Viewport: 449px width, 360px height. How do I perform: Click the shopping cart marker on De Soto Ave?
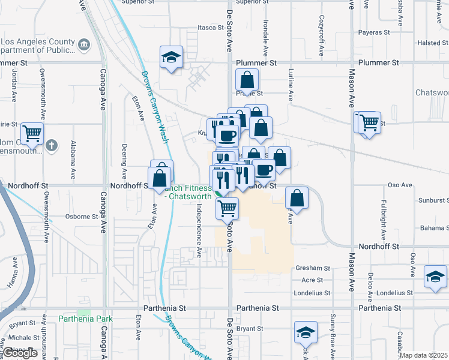[227, 209]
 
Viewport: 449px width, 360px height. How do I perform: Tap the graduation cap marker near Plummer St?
[171, 58]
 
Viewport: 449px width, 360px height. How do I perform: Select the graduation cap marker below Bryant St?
[306, 332]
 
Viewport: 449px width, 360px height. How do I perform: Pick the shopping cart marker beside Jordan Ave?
[32, 133]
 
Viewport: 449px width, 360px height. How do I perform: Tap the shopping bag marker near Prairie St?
[247, 79]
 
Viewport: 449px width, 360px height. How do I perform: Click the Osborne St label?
[82, 217]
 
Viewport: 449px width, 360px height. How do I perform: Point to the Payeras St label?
[374, 32]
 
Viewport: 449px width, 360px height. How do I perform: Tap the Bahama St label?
[435, 228]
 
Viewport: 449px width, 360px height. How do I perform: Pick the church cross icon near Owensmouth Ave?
[52, 145]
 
